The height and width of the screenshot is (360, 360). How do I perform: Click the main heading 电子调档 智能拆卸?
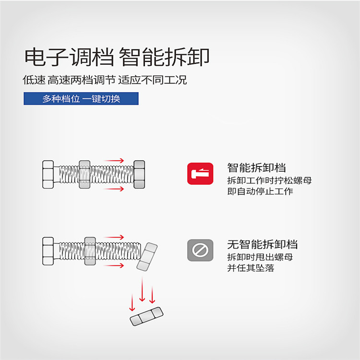click(117, 57)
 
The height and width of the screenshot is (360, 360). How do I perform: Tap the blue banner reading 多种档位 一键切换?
click(81, 99)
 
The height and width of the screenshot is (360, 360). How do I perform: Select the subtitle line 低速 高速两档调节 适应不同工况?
click(105, 80)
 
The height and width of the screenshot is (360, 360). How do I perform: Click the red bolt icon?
click(200, 174)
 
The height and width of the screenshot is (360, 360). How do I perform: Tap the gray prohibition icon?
click(200, 250)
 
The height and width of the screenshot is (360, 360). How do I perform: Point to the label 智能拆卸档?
click(256, 168)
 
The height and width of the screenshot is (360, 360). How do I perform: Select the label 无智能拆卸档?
click(263, 244)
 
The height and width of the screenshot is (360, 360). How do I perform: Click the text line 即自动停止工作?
click(260, 191)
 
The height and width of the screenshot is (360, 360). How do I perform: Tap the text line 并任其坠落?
click(251, 268)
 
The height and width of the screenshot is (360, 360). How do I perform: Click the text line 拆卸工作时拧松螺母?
click(270, 180)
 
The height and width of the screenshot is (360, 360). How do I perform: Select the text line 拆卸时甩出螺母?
click(260, 257)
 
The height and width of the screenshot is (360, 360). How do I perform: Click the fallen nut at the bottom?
click(146, 316)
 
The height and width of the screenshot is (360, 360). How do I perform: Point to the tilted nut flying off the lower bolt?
click(147, 257)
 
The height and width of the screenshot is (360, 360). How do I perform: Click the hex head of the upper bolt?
click(48, 175)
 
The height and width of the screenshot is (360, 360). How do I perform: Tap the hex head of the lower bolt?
click(48, 251)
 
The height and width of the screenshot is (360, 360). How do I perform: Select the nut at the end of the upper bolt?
click(139, 175)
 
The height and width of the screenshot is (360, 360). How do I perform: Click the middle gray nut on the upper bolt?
click(84, 175)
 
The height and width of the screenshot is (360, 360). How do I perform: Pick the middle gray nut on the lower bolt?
click(90, 251)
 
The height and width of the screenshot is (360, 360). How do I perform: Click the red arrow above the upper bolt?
click(114, 160)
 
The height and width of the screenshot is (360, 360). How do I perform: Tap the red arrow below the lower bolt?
click(114, 265)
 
